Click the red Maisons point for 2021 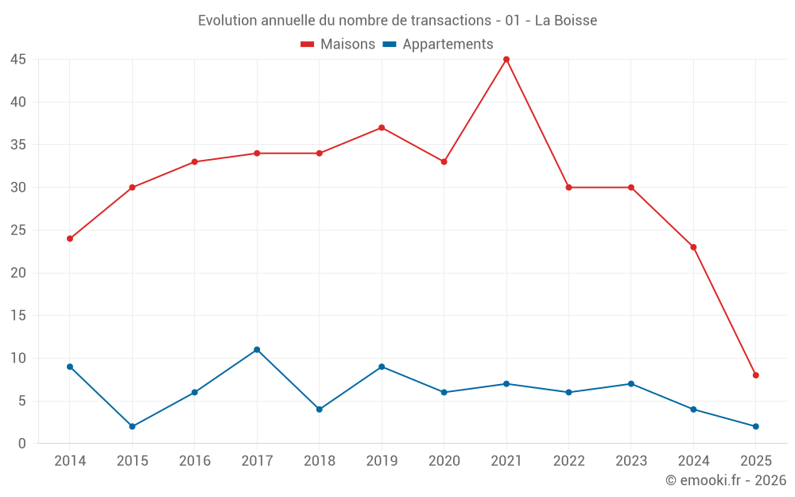[506, 60]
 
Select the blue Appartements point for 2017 [257, 350]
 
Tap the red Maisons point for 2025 [756, 375]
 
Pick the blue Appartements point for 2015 [132, 426]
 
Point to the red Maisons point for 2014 [70, 239]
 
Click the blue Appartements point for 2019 [382, 367]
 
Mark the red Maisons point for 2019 [382, 128]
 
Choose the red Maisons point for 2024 [693, 247]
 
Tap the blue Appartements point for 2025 [756, 426]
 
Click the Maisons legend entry [338, 45]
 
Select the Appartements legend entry [438, 45]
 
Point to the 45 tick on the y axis [18, 60]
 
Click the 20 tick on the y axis [18, 273]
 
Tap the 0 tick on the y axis [22, 444]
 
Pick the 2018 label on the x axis [319, 461]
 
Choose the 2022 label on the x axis [568, 461]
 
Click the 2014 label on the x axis [70, 461]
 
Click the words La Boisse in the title [565, 21]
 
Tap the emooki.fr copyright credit [726, 480]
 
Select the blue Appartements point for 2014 [70, 367]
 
